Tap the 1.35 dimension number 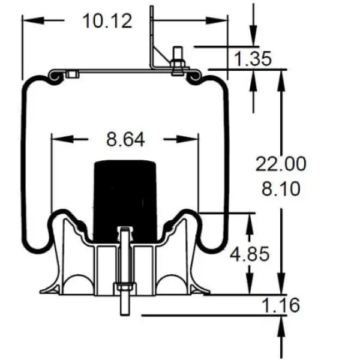[253, 59]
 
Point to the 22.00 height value [281, 164]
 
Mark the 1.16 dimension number [280, 305]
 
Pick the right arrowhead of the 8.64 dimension [192, 139]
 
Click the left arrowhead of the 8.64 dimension [59, 139]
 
